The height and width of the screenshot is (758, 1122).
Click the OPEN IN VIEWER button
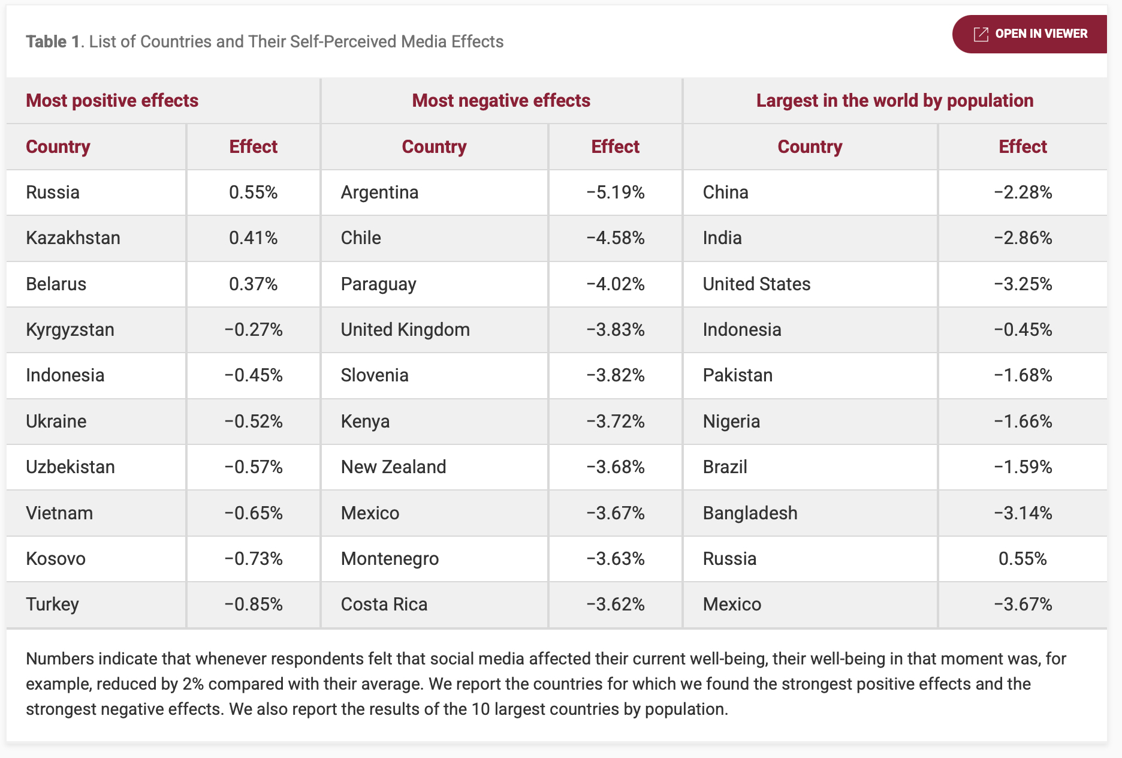1030,34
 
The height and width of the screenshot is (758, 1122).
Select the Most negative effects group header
501,101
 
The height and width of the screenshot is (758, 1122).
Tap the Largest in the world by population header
894,101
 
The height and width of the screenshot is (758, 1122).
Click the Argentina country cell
379,192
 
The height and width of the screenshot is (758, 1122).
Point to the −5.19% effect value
615,192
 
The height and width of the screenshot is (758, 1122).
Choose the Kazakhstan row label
73,238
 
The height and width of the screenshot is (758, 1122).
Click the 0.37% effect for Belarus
253,284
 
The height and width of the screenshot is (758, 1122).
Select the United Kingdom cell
405,330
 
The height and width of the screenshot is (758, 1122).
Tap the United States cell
756,284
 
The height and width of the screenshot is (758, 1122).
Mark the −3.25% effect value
1023,284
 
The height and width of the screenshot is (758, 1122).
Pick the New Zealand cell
393,467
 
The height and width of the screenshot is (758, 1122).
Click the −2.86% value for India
1023,238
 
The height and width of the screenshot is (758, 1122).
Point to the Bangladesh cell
750,513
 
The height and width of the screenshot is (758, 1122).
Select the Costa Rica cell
384,604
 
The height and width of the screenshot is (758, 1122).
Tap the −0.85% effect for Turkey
253,604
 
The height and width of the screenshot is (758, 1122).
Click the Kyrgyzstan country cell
70,330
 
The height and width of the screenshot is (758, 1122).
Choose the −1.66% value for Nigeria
1023,422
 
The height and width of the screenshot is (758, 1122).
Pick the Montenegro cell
390,559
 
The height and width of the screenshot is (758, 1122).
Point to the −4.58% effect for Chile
615,238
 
